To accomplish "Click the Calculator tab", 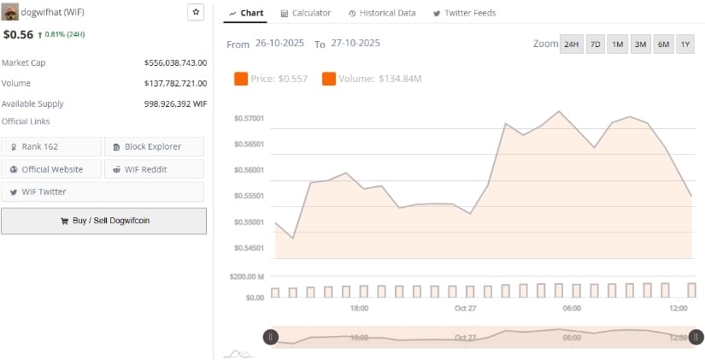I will pos(305,13).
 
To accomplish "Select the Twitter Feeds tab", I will pos(464,13).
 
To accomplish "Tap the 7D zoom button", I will pos(595,44).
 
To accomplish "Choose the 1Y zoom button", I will pos(684,44).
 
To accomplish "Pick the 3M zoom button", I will pos(640,44).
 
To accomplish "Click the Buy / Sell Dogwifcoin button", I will pos(103,221).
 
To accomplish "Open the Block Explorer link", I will pos(154,147).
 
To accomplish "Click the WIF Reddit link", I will pos(154,169).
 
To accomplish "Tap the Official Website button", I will pos(52,169).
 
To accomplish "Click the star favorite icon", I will pos(196,12).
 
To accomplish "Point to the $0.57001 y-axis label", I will pos(249,118).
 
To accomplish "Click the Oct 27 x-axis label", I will pos(466,308).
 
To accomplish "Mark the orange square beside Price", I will pos(240,79).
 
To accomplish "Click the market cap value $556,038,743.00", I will pos(176,62).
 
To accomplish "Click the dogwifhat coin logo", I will pos(10,12).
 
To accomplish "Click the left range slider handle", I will pos(271,337).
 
